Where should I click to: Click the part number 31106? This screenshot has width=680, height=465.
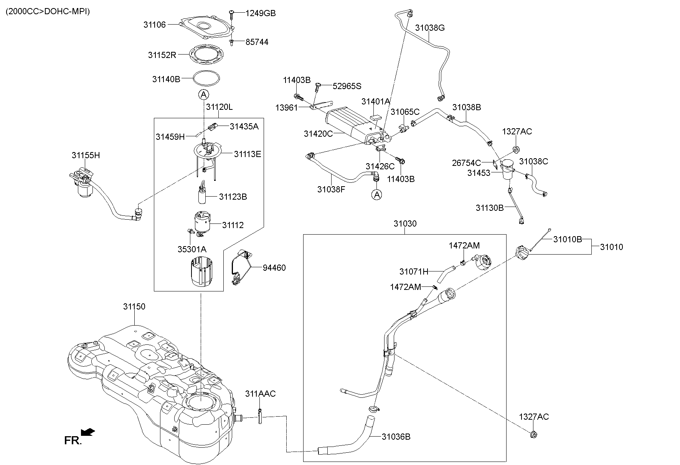(154, 25)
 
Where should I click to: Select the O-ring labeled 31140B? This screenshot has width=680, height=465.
(207, 78)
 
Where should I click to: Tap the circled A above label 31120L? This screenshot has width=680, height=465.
(203, 94)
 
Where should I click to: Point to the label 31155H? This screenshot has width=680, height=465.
(86, 155)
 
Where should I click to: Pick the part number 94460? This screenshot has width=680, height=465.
(274, 268)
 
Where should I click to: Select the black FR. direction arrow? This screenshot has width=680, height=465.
(89, 432)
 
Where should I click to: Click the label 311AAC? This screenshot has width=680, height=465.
(260, 394)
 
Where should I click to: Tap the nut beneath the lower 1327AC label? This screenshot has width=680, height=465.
(533, 435)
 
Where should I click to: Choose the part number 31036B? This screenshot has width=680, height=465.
(396, 437)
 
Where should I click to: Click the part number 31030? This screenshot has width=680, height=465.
(405, 223)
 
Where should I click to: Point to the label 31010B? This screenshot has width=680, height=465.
(567, 239)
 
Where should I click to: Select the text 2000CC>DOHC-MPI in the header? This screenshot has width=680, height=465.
(48, 12)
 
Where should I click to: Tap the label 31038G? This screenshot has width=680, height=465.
(430, 28)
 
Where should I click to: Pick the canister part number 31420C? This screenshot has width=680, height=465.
(318, 133)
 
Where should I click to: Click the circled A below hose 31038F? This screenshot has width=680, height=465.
(377, 195)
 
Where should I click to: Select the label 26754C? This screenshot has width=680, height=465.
(466, 163)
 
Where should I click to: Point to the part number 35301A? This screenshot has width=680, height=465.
(192, 249)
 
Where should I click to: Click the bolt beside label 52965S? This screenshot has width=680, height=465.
(318, 86)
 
